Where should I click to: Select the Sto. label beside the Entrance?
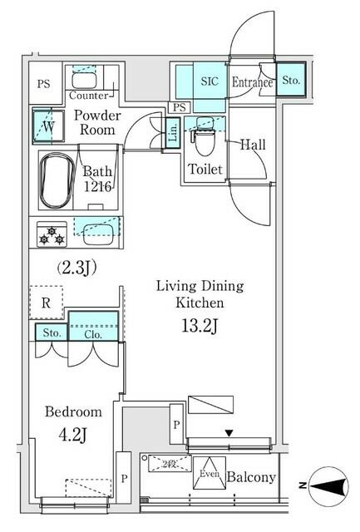point(290,81)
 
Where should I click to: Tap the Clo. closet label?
point(92,334)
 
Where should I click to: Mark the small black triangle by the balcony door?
point(229,432)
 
